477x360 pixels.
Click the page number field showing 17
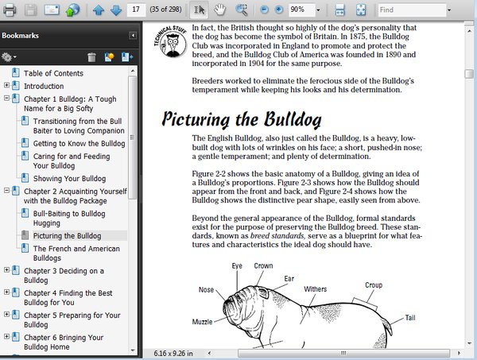point(136,10)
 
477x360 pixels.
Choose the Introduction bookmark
point(44,86)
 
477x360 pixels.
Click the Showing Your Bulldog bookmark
point(69,179)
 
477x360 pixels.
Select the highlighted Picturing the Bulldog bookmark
point(67,236)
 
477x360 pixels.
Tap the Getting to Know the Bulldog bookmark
point(79,144)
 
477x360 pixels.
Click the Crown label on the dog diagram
point(263,266)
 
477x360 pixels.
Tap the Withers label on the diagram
point(315,288)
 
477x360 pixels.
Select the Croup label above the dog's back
point(373,285)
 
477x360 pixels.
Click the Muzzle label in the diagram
point(202,322)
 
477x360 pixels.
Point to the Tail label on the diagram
point(410,317)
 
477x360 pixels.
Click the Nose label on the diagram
point(206,289)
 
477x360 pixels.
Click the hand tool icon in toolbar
point(218,10)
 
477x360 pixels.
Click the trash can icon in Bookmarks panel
point(91,57)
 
